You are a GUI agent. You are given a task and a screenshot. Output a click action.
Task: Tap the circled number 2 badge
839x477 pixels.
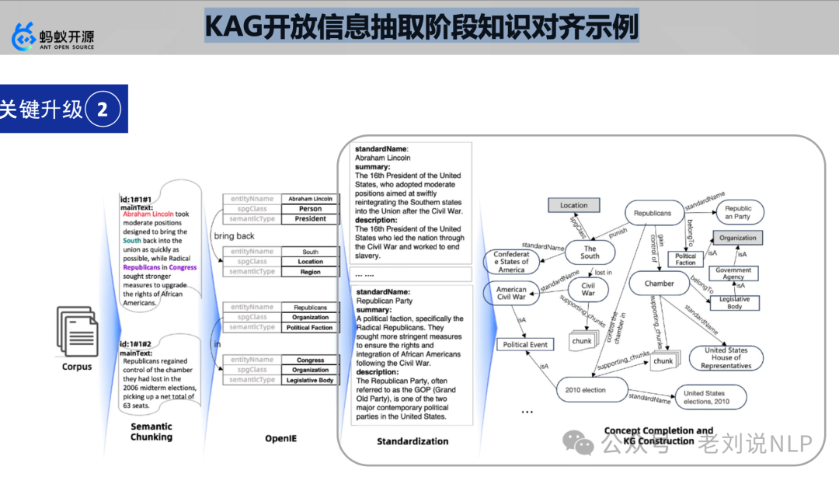click(102, 110)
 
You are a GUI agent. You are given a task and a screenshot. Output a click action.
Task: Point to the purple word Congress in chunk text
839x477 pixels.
click(183, 267)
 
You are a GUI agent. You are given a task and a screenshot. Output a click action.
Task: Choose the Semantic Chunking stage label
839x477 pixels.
click(151, 431)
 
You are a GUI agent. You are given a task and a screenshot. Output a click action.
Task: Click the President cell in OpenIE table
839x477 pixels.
click(310, 219)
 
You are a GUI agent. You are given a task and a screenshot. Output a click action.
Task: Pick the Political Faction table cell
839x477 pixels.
click(310, 328)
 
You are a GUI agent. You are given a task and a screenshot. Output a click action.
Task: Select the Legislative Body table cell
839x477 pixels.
click(310, 381)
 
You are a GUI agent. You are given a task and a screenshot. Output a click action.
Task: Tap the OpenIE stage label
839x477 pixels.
click(280, 439)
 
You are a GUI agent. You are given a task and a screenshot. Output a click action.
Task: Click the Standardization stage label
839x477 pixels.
click(413, 441)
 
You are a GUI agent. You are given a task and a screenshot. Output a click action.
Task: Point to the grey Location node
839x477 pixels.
click(573, 206)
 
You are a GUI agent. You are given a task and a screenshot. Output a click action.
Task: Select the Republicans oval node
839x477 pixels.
click(653, 213)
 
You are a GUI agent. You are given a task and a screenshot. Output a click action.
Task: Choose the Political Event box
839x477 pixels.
click(525, 344)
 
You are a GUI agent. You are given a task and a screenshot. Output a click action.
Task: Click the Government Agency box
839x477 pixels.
click(733, 274)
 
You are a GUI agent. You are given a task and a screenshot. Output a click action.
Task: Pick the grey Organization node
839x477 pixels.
click(737, 238)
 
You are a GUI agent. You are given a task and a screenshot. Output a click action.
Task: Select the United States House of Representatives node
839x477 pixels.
click(726, 358)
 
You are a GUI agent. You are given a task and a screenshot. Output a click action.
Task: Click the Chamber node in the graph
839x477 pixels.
click(659, 284)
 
